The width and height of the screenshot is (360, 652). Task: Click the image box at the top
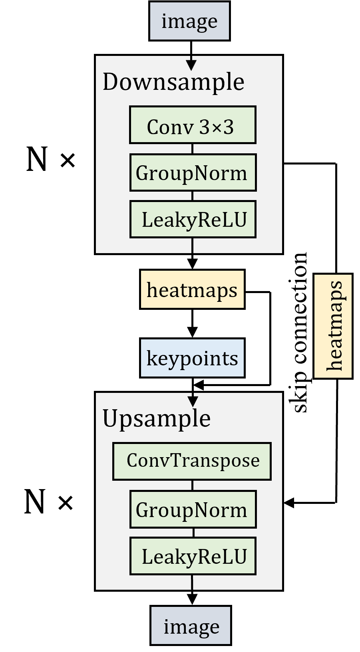tap(189, 21)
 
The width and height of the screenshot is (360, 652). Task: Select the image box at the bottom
tap(191, 625)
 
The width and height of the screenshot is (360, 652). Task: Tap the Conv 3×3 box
tap(193, 125)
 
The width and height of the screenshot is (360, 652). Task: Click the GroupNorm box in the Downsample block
tap(193, 172)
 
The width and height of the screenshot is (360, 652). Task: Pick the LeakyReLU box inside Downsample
tap(193, 219)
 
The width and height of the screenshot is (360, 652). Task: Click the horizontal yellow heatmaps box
tap(192, 289)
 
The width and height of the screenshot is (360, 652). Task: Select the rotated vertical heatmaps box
tap(333, 326)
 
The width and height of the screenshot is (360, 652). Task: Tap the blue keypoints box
tap(192, 358)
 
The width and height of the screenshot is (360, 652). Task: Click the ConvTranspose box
tap(192, 461)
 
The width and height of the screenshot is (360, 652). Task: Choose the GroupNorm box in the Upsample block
tap(193, 509)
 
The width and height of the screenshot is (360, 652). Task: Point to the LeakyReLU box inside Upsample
tap(193, 556)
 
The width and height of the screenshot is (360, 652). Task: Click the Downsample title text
tap(173, 82)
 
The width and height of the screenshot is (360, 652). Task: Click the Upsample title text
tap(156, 418)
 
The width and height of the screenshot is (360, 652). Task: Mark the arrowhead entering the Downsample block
tap(192, 65)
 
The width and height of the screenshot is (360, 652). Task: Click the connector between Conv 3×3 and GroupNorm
tap(192, 149)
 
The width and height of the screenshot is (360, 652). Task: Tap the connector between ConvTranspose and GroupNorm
tap(192, 485)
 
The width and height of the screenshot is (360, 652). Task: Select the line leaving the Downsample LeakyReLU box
tap(192, 245)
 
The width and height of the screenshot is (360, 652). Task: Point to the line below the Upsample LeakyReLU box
tap(192, 582)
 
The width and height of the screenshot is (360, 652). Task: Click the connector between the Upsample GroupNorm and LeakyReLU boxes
tap(193, 533)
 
